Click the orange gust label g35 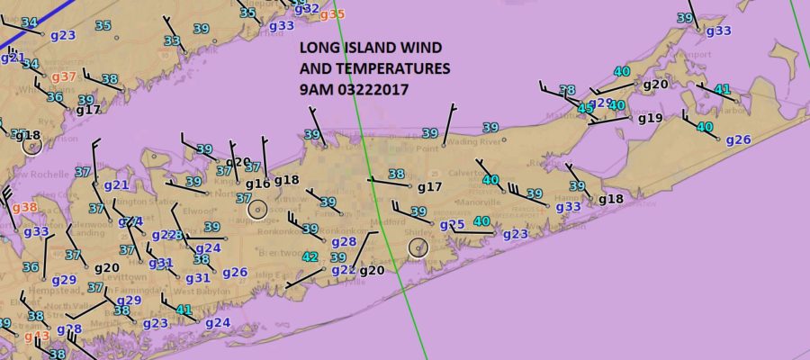click(332, 13)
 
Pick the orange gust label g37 click(63, 77)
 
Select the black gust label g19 click(650, 118)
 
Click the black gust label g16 click(257, 184)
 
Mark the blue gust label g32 click(307, 8)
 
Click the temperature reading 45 click(586, 108)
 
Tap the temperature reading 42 click(310, 257)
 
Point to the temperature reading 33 click(172, 41)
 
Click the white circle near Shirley click(418, 247)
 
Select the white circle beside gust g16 click(257, 209)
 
